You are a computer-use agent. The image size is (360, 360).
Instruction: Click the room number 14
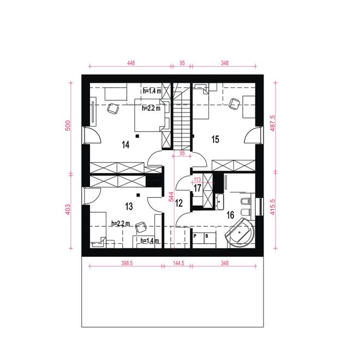(x=125, y=145)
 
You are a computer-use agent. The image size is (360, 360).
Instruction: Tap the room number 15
(x=215, y=139)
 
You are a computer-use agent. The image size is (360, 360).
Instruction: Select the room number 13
(x=129, y=206)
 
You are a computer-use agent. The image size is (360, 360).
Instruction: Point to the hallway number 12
(x=179, y=203)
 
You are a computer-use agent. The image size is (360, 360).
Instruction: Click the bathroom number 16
(x=230, y=215)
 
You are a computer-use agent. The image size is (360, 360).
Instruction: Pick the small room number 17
(x=197, y=188)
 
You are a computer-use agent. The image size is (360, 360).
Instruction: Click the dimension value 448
(x=131, y=63)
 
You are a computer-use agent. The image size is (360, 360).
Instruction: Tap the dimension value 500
(x=68, y=125)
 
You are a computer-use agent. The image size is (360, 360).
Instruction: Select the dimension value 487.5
(x=273, y=123)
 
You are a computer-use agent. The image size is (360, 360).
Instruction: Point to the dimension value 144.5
(x=178, y=263)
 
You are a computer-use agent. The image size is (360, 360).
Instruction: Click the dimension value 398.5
(x=127, y=263)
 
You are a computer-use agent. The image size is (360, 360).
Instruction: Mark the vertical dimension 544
(x=171, y=197)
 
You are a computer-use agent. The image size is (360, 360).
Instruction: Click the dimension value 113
(x=197, y=179)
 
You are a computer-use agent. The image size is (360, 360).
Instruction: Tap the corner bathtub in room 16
(x=241, y=232)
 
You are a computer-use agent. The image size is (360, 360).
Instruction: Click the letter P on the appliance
(x=195, y=236)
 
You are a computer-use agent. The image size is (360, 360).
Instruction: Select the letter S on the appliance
(x=207, y=236)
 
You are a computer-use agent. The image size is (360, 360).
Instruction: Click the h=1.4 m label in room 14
(x=152, y=91)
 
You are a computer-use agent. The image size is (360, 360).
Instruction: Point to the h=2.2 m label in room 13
(x=121, y=223)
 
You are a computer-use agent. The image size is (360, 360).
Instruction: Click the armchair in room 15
(x=235, y=104)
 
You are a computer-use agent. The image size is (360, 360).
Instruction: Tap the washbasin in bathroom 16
(x=220, y=201)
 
